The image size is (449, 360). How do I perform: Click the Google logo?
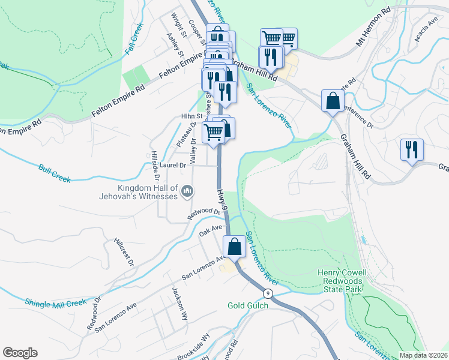[20, 353]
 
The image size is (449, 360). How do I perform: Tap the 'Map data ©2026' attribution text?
[423, 355]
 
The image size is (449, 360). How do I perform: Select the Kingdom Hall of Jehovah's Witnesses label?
[139, 192]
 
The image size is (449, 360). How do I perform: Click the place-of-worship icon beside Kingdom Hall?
[187, 191]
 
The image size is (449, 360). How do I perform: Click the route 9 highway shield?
[268, 293]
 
